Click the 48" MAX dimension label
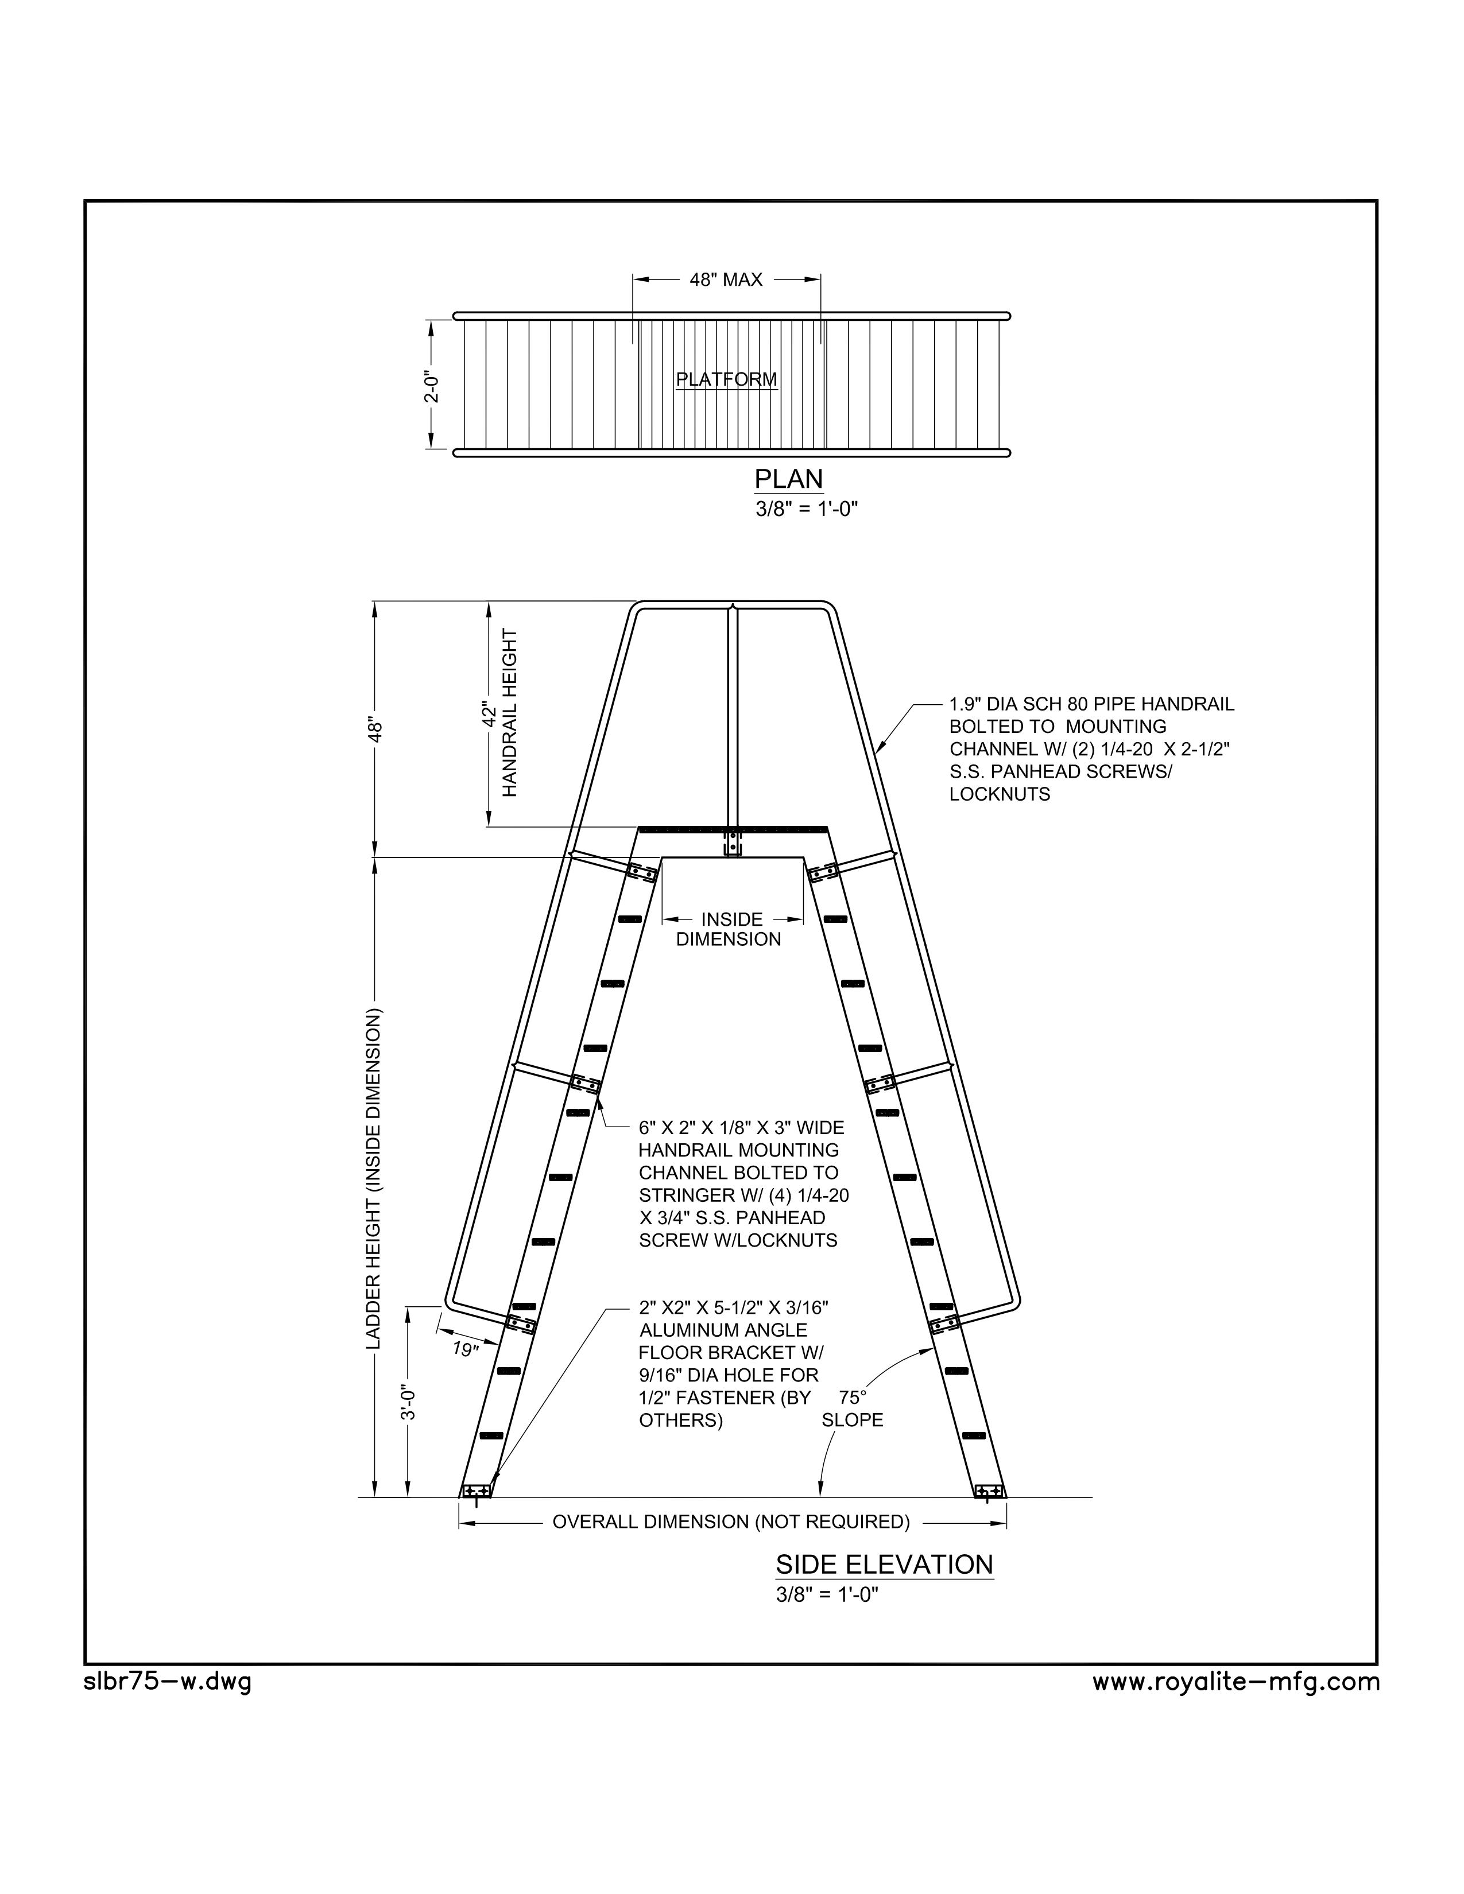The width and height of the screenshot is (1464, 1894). [726, 280]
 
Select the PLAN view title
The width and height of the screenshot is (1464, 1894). [788, 480]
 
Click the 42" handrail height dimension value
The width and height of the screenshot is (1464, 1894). [490, 713]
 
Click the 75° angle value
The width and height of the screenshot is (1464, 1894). [853, 1397]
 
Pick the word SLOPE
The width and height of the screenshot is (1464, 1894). [853, 1419]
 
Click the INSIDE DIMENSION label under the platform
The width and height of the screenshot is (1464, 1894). [729, 929]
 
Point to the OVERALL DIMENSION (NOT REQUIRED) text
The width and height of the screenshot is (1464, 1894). [731, 1521]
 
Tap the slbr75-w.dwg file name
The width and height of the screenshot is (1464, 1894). [168, 1682]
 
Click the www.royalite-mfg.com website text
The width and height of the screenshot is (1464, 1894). [1236, 1682]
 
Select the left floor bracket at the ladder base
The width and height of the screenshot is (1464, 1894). [476, 1490]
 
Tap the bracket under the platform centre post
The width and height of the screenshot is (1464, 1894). [733, 844]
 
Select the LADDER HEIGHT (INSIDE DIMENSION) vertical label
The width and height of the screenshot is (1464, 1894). [373, 1179]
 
